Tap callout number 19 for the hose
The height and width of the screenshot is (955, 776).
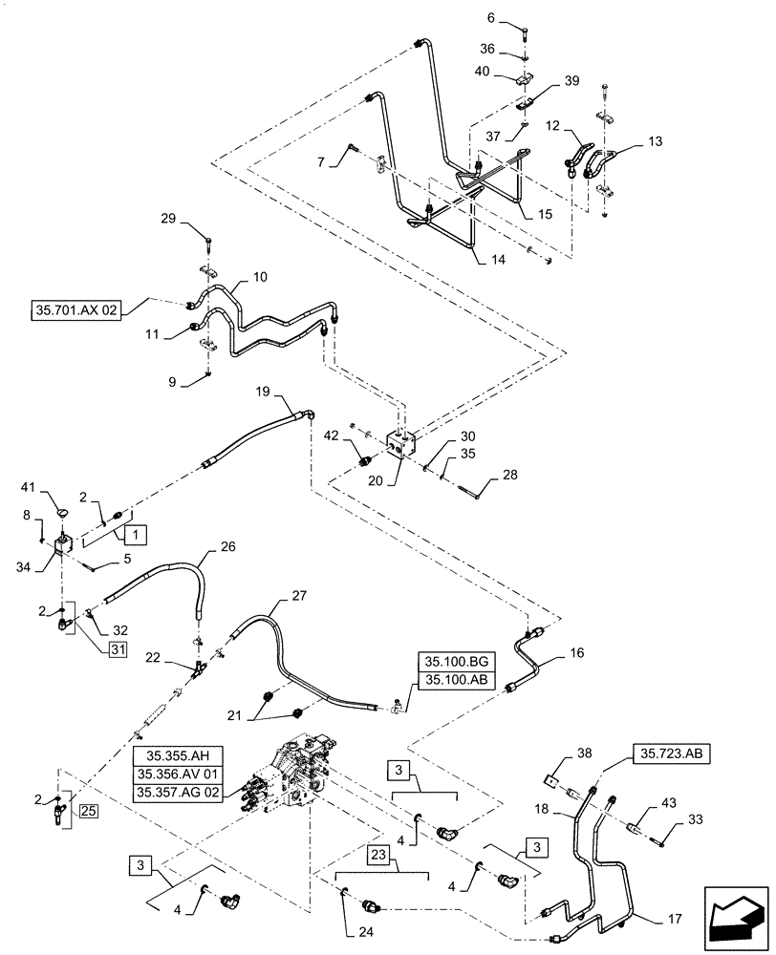pos(263,393)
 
